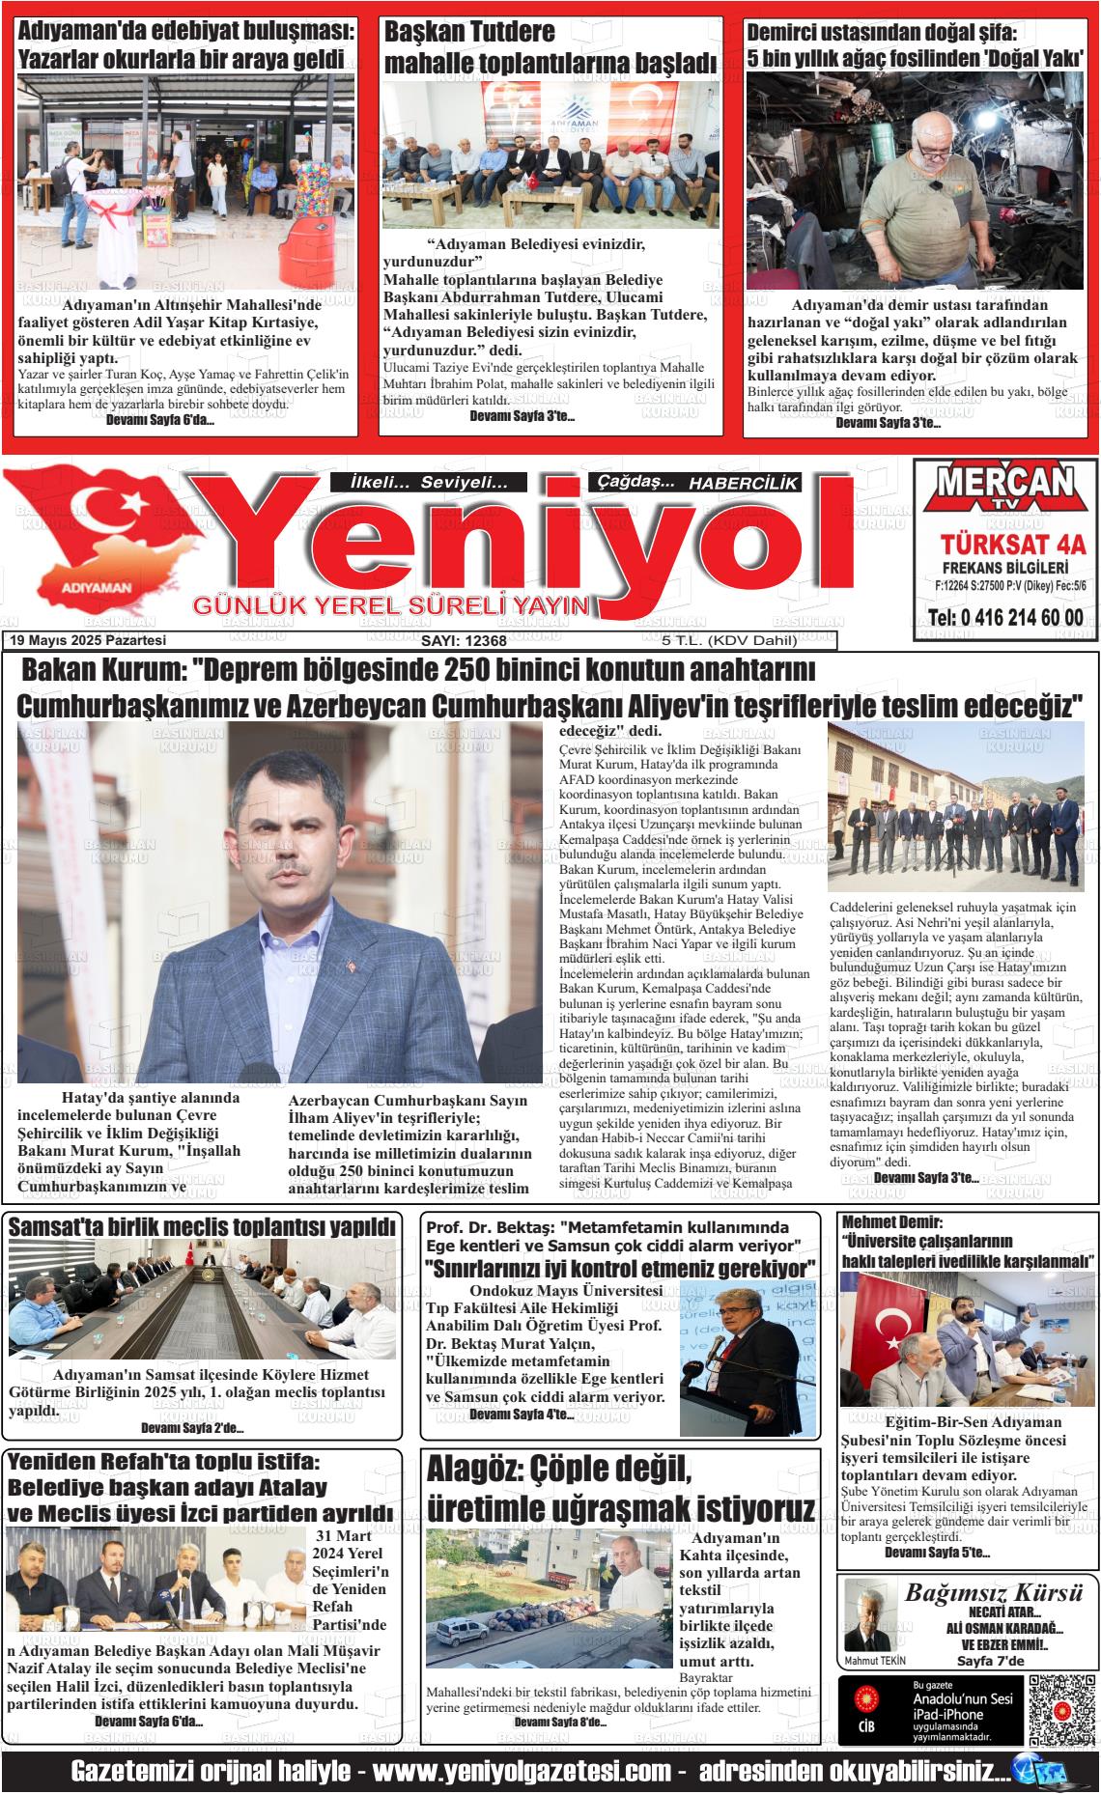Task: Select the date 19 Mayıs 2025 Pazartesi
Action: coord(88,640)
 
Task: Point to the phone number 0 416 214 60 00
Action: coord(1005,618)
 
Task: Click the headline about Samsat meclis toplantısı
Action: coord(202,1226)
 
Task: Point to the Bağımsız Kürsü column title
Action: coord(994,1594)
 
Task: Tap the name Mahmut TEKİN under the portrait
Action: coord(875,1659)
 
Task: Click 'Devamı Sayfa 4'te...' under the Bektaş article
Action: coord(521,1415)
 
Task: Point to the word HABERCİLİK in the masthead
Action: coord(744,484)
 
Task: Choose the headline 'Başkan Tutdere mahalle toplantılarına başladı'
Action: coord(550,48)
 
